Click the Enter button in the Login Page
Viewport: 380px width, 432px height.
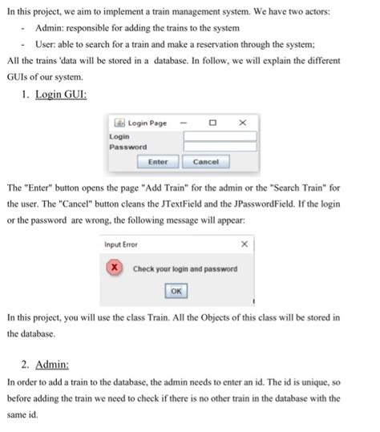click(x=158, y=162)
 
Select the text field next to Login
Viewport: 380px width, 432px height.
click(x=220, y=137)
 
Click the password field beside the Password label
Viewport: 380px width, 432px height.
click(x=220, y=147)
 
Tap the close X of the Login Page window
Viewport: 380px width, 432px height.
click(x=242, y=123)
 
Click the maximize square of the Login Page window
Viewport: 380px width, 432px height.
click(x=212, y=123)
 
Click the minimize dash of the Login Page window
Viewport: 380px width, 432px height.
click(x=183, y=123)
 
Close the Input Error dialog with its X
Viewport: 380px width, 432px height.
click(x=245, y=244)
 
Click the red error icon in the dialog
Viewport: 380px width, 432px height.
click(x=116, y=268)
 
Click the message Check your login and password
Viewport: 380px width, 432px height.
click(x=184, y=268)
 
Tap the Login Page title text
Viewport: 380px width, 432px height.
click(x=148, y=123)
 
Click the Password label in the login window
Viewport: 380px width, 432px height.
click(x=128, y=147)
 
